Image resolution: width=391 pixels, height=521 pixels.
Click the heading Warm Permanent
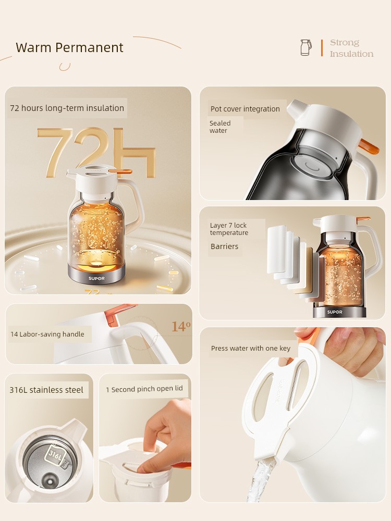tap(69, 47)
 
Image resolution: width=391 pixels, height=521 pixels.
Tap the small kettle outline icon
tap(306, 47)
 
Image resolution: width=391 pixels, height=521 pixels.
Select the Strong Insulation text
tap(351, 48)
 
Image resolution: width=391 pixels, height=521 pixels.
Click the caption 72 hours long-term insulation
tap(67, 108)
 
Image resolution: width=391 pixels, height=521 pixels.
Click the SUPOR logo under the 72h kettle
tap(96, 278)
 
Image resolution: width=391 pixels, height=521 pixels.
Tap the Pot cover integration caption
tap(245, 109)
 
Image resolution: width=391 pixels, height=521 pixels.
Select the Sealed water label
tap(220, 127)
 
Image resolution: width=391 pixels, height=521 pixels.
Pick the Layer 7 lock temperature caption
tap(229, 229)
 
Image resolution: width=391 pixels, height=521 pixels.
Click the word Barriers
tap(224, 246)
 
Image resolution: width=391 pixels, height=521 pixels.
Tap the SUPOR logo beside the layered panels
tap(335, 312)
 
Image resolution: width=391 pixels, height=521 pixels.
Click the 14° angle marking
tap(181, 327)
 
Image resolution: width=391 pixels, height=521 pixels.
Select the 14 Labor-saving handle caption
tap(47, 334)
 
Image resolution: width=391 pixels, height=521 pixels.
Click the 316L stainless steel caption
tap(46, 390)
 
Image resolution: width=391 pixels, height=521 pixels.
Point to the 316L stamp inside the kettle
tap(55, 454)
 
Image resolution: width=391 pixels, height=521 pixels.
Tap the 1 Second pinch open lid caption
tap(144, 389)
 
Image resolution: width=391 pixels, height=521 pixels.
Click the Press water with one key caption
tap(251, 348)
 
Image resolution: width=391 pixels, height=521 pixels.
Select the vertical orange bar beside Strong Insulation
tap(322, 48)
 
